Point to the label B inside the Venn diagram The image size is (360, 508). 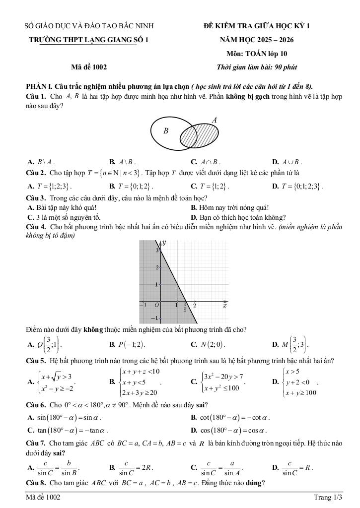coord(166,131)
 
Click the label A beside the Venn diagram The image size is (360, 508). coord(215,120)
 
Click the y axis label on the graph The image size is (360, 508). coord(164,243)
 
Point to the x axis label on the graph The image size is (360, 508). coord(225,306)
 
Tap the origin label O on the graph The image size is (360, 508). coord(156,305)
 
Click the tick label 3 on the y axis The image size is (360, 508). coord(156,251)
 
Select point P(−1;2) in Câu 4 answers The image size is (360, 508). coord(127,344)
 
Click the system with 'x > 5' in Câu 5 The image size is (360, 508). coord(298,382)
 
